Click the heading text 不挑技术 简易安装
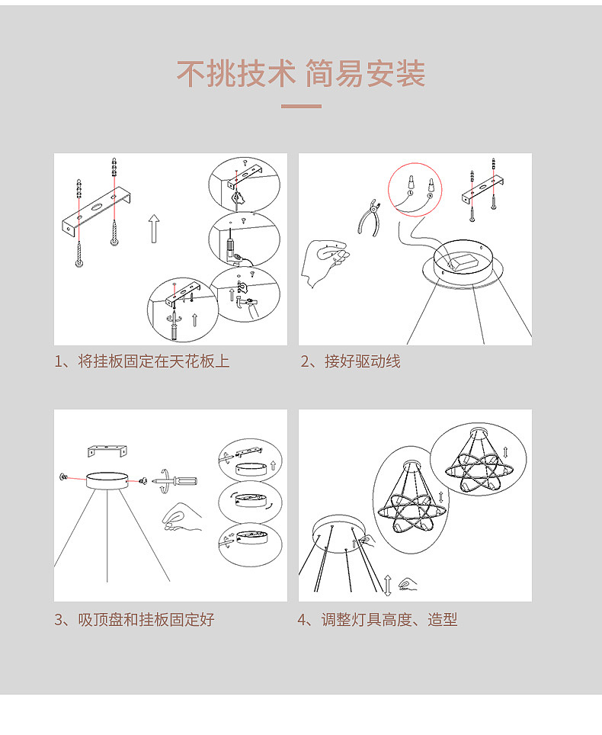click(301, 74)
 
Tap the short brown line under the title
click(301, 106)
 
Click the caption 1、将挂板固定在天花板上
click(142, 361)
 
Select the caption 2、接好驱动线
click(351, 361)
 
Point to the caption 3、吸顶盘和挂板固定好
click(134, 620)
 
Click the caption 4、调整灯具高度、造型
click(377, 620)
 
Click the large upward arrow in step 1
click(155, 229)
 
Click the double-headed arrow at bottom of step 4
click(388, 585)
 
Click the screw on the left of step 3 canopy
click(63, 477)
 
